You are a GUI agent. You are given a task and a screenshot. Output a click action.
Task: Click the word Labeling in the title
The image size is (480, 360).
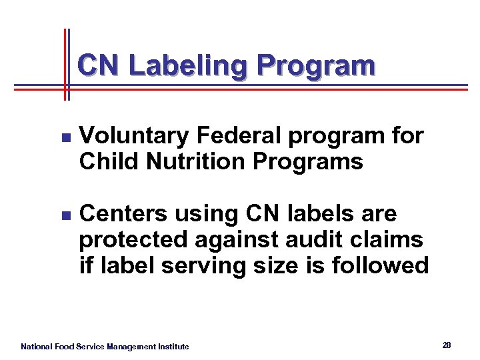click(x=188, y=67)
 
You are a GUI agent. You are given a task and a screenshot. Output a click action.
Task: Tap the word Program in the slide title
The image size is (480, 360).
click(x=316, y=67)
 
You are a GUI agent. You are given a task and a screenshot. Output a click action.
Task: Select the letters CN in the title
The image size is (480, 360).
click(x=100, y=65)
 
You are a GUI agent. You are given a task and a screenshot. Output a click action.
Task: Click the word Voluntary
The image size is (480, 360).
click(x=134, y=136)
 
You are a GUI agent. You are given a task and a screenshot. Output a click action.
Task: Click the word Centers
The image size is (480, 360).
click(x=123, y=214)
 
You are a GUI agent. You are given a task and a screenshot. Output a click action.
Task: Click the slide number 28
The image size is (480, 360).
click(x=447, y=345)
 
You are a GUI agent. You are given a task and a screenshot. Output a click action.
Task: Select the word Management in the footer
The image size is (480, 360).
click(x=131, y=347)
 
